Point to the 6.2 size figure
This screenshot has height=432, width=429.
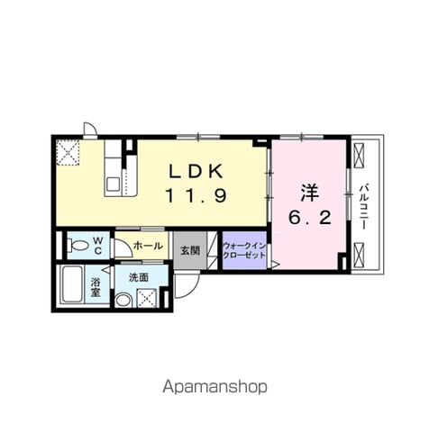pos(310,217)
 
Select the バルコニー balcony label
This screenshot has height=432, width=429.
pos(364,207)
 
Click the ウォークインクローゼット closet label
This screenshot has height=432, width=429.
pos(244,251)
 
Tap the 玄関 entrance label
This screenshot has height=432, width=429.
pos(190,250)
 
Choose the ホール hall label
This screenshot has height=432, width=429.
pos(148,246)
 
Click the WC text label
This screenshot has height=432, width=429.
pos(97,246)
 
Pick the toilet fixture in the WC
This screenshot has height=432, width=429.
pos(78,246)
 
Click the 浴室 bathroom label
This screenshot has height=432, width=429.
pos(96,287)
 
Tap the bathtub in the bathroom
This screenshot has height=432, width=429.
pos(72,284)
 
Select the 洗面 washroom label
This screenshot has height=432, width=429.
pos(139,277)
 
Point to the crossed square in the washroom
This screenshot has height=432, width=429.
pos(147,298)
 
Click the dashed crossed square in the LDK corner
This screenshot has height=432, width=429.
pos(68,152)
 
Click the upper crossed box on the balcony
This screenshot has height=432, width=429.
pos(359,156)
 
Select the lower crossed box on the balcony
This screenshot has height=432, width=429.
pos(359,255)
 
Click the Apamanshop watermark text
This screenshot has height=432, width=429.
pos(214,387)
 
